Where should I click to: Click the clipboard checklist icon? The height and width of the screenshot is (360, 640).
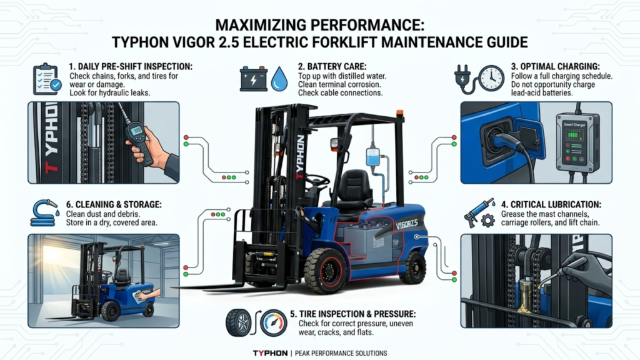tap(47, 79)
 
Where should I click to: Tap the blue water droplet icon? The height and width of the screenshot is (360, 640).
tap(279, 79)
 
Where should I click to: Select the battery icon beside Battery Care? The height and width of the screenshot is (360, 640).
tap(254, 79)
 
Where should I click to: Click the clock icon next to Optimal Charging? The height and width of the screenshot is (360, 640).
tap(491, 78)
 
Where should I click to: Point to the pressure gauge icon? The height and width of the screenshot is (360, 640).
tap(274, 323)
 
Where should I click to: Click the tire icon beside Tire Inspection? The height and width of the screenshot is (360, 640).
tap(238, 323)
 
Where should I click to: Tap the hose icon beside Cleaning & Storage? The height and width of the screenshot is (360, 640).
tap(45, 212)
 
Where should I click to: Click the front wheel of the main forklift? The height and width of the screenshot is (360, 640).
tap(326, 271)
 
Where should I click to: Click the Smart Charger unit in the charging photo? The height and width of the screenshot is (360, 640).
tap(577, 142)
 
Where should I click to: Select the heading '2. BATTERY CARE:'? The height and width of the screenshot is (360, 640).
tap(332, 66)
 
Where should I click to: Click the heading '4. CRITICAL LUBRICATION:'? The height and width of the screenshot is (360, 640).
tap(551, 204)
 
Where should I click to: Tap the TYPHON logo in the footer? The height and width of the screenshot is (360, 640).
tap(270, 353)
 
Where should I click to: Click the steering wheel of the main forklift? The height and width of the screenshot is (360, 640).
tap(317, 179)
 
